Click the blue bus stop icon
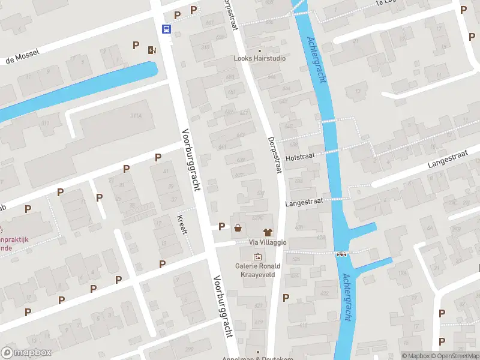click(166, 28)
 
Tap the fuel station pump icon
click(152, 50)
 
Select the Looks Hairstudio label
click(260, 58)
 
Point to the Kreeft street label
click(183, 223)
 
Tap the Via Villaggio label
click(268, 242)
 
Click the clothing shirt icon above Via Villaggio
click(268, 231)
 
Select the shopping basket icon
click(239, 227)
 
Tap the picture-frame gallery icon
click(258, 257)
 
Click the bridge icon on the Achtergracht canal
click(343, 253)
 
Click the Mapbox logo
click(26, 352)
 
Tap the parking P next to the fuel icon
click(136, 46)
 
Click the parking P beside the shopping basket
click(222, 227)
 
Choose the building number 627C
click(258, 218)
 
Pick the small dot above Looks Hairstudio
click(260, 50)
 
